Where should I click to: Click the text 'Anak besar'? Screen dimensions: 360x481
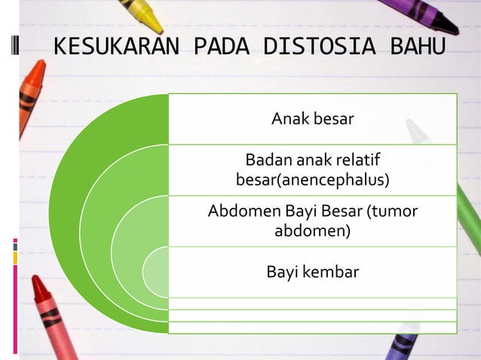click(x=312, y=119)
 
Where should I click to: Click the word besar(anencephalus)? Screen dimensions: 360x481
click(x=312, y=180)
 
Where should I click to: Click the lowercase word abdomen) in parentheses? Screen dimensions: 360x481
click(x=312, y=230)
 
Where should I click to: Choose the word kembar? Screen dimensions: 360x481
click(x=330, y=271)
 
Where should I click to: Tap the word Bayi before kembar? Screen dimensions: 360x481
click(x=283, y=271)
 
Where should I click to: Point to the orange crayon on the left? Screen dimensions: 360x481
click(x=29, y=90)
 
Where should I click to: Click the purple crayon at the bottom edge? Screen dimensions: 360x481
click(x=400, y=346)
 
